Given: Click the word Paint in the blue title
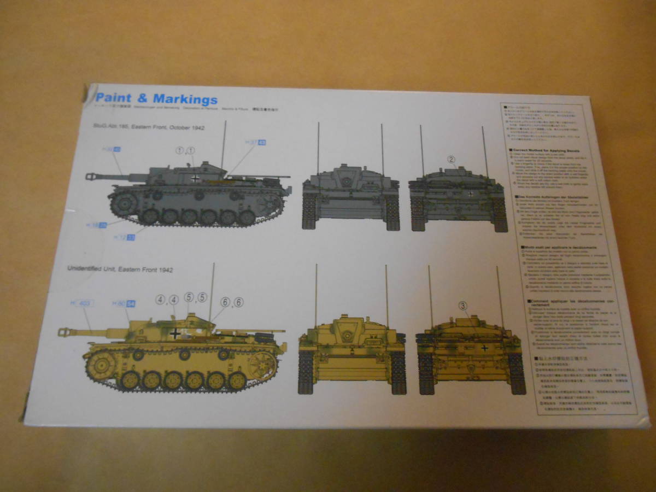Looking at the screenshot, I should [113, 99].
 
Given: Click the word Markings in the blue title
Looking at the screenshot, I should [185, 99].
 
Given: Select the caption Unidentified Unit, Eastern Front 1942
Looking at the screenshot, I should [120, 269].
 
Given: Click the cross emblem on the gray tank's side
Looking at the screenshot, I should [195, 178].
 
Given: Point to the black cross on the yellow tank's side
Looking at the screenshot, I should [175, 333].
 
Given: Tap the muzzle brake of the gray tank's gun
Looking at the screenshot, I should [91, 176].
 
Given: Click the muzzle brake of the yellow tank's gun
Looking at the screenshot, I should [64, 331].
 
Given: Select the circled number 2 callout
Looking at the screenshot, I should [451, 160].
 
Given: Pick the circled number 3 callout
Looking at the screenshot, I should [462, 306].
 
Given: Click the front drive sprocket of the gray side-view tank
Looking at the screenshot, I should [124, 203].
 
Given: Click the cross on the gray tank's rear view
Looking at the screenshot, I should [471, 194].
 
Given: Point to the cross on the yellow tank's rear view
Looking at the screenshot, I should [484, 347].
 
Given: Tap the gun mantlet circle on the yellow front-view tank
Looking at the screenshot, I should [346, 334].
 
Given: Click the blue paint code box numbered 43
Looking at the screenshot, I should [261, 143].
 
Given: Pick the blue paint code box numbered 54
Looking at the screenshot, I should [131, 304].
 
